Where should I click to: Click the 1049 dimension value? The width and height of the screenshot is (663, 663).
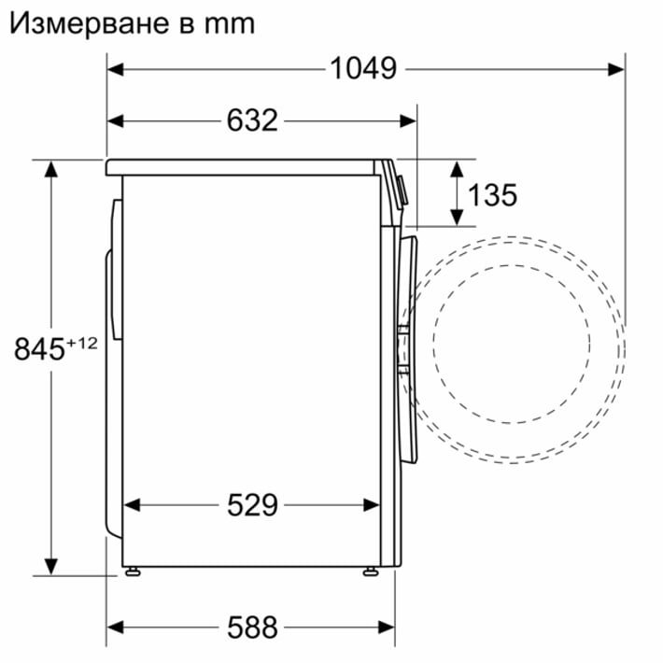tap(363, 68)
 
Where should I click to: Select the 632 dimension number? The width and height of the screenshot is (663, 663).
tap(252, 120)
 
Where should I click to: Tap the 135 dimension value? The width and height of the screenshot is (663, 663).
tap(492, 195)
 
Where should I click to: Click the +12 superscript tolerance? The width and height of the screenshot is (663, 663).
tap(82, 343)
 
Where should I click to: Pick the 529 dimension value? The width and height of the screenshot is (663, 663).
tap(252, 505)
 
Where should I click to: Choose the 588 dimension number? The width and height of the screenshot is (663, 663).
tap(252, 625)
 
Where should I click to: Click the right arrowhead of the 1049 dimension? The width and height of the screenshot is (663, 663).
tap(617, 68)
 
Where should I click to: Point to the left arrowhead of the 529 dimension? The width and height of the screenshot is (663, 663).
tap(132, 505)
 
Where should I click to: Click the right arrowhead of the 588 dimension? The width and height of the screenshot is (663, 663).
tap(388, 625)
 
